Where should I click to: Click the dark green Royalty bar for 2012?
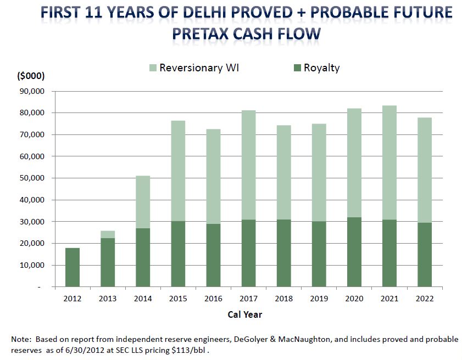point(73,267)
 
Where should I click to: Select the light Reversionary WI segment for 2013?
point(108,234)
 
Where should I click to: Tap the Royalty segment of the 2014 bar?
point(143,257)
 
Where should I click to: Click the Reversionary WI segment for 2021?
point(389,162)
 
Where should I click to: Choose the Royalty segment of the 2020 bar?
point(354,252)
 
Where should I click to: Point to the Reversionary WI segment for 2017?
point(248,165)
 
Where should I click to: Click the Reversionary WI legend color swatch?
point(152,68)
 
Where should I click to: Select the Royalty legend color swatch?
point(297,68)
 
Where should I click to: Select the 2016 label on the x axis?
point(213,299)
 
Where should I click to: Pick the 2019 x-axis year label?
point(319,299)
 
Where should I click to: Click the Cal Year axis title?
point(244,314)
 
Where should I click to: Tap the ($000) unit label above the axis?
point(31,76)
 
